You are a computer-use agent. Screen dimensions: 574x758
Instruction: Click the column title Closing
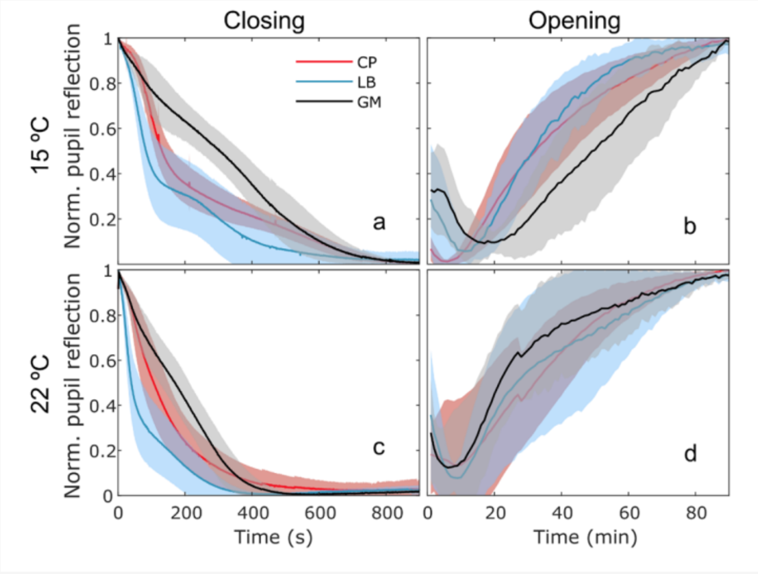tap(264, 21)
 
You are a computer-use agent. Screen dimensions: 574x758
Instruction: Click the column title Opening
tap(574, 21)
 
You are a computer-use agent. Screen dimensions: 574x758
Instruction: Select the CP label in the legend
tap(367, 62)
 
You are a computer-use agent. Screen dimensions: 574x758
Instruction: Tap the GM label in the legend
tap(369, 102)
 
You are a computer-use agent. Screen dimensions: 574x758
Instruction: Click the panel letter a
tap(379, 222)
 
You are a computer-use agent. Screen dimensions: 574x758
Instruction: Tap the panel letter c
tap(378, 448)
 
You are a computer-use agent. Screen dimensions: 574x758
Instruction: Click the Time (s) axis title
tap(273, 537)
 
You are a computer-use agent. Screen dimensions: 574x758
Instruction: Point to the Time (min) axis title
tap(585, 537)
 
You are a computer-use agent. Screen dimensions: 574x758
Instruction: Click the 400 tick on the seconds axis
tap(252, 513)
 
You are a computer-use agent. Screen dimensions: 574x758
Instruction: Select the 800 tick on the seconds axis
tap(387, 513)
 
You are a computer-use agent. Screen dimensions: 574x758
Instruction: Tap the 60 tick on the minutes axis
tap(630, 513)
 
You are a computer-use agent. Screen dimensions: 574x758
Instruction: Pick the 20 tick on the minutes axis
tap(495, 513)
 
